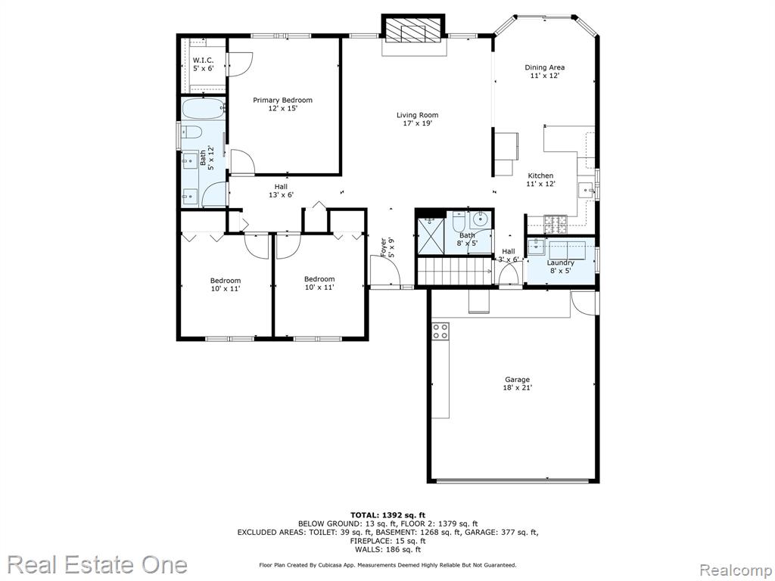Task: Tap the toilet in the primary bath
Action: point(191,132)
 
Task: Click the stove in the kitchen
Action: point(556,225)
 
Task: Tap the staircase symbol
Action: point(456,271)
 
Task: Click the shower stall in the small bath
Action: point(431,235)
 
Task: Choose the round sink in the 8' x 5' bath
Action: point(479,218)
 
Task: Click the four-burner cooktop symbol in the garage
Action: point(440,331)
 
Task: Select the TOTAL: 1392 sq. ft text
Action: point(387,514)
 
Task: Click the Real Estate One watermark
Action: point(98,564)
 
